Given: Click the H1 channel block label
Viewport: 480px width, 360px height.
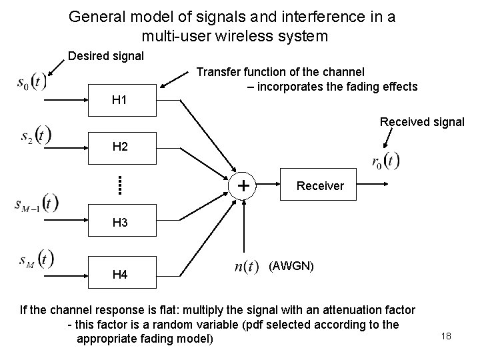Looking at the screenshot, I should [x=120, y=101].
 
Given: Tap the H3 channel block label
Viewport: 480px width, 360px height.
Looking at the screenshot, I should [x=120, y=223].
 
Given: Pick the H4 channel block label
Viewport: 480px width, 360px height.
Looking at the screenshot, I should [x=120, y=273].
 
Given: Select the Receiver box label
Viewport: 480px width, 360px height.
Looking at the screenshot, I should [x=320, y=186].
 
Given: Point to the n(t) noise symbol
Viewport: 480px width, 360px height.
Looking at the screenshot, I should [x=247, y=267].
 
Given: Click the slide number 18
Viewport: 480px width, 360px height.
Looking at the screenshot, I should [x=446, y=336].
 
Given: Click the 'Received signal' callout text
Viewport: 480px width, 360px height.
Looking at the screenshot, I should [x=422, y=122].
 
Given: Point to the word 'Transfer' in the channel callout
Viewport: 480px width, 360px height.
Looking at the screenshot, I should [x=219, y=71].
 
